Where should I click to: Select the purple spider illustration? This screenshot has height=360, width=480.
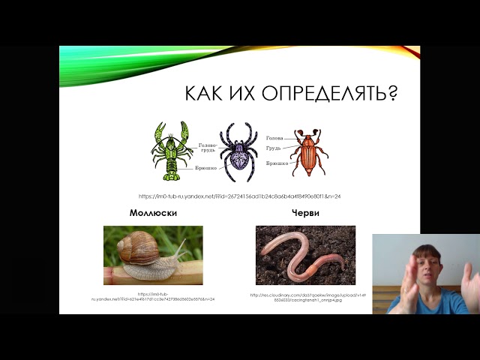click(x=239, y=151)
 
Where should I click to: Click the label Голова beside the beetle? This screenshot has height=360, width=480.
click(x=274, y=138)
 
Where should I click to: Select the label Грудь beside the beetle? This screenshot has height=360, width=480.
click(x=273, y=148)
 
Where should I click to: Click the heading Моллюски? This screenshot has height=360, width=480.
click(x=153, y=213)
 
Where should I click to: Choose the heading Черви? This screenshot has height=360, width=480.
click(x=305, y=213)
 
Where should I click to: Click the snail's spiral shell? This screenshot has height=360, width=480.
click(x=136, y=247)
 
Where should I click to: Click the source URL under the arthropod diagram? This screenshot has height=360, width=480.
click(x=240, y=196)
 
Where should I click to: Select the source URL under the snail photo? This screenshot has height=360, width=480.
click(x=153, y=297)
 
